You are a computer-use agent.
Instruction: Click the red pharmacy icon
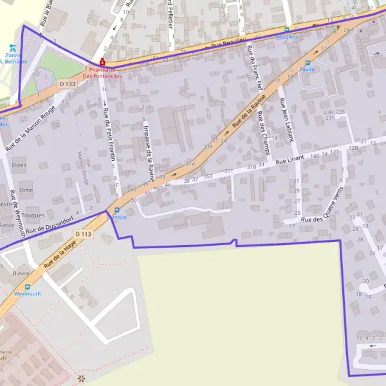click(x=102, y=62)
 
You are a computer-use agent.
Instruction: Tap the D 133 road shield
click(x=66, y=84)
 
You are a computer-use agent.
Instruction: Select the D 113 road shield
click(x=82, y=234)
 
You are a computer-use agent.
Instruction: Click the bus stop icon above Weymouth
click(x=27, y=287)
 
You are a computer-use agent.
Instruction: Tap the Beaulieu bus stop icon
click(x=287, y=29)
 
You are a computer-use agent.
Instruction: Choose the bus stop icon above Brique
click(x=116, y=210)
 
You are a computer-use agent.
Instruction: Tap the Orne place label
click(x=26, y=190)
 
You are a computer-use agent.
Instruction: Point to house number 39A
click(x=208, y=147)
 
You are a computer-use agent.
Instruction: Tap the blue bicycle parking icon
click(x=12, y=47)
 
